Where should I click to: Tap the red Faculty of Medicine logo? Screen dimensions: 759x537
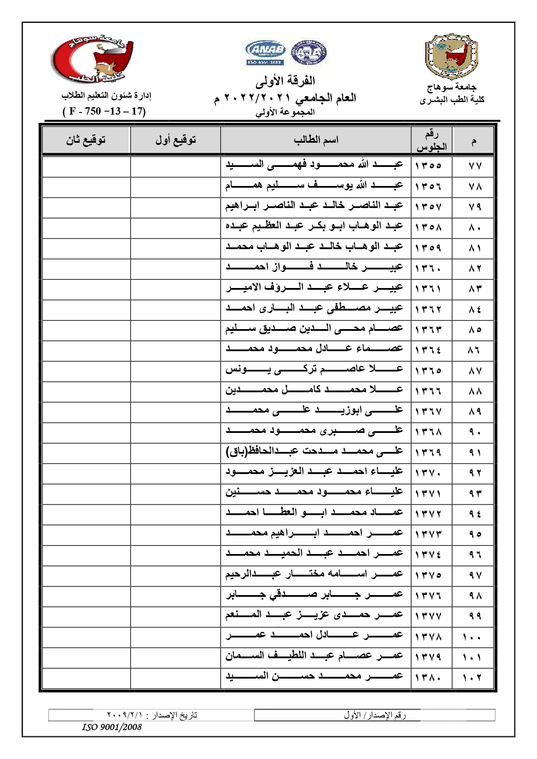click(92, 58)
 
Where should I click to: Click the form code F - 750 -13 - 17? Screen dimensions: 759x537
click(104, 111)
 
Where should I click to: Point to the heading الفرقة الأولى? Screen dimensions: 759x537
click(285, 80)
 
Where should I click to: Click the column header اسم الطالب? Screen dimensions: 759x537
click(316, 140)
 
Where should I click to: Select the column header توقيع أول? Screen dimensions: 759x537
click(176, 140)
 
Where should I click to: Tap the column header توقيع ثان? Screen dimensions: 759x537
click(86, 140)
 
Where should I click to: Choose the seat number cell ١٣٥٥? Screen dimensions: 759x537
click(428, 166)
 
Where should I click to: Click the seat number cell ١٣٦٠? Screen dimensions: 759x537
click(428, 268)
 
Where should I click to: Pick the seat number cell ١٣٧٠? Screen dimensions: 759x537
click(428, 473)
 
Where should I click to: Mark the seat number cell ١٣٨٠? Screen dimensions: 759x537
click(428, 678)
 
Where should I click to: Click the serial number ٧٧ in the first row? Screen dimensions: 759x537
click(475, 166)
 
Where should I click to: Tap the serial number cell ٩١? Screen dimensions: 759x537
click(475, 452)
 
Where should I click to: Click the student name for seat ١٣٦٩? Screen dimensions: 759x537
click(314, 452)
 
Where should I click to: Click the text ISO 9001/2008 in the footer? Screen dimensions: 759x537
click(112, 727)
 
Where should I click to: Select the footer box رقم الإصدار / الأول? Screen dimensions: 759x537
click(375, 715)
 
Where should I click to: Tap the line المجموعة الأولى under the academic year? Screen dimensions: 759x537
click(285, 112)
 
